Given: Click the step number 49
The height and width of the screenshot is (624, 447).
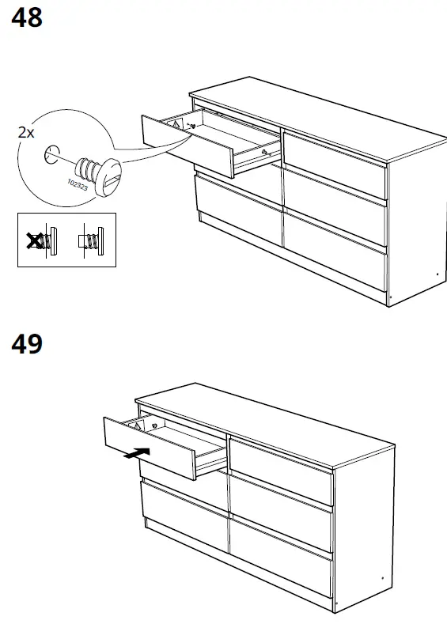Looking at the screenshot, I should [27, 345].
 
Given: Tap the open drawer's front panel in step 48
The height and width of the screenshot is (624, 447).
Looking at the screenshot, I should [187, 146].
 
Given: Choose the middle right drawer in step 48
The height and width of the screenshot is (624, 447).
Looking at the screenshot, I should [335, 209].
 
